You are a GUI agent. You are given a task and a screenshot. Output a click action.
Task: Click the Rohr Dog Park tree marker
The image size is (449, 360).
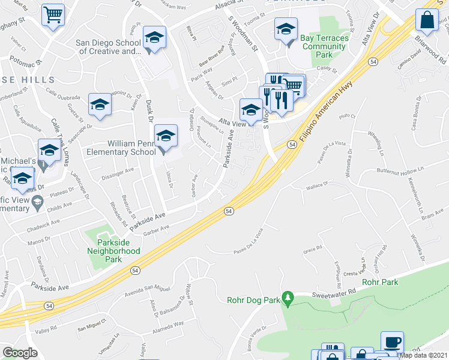point(288,298)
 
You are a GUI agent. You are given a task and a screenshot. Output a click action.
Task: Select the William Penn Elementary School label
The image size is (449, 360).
point(131,148)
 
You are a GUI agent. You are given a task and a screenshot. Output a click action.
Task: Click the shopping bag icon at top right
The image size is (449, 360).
point(427,20)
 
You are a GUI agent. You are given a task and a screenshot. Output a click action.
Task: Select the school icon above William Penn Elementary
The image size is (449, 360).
point(166,136)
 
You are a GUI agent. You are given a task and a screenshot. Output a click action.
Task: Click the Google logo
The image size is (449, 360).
point(20,353)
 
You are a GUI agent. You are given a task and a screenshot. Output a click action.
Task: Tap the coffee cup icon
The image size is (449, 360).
point(392,342)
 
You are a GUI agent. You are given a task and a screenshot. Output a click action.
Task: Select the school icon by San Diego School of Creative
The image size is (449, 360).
point(154,40)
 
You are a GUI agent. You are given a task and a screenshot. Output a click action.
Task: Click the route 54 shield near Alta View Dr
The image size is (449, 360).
point(373,61)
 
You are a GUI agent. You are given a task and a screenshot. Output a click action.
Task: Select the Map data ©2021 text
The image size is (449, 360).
point(424,355)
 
